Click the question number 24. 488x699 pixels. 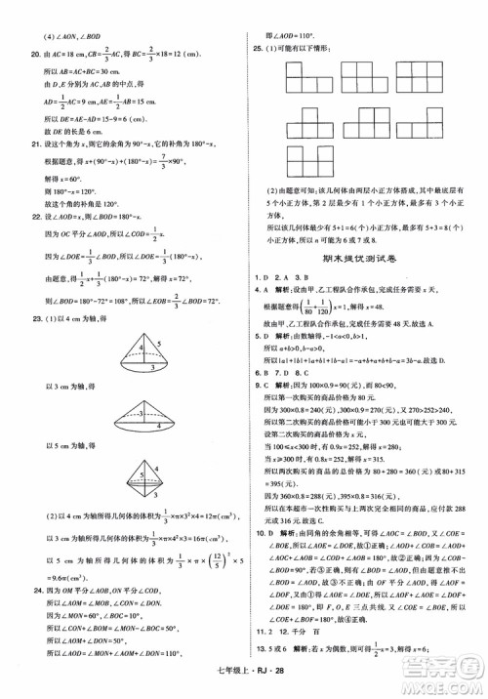click(30, 592)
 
